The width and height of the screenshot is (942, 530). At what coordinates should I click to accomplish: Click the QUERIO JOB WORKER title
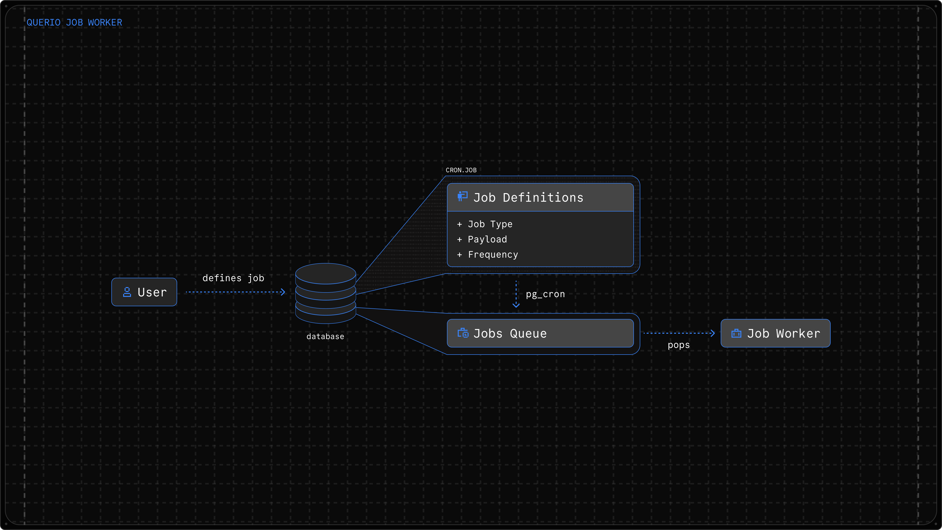[x=74, y=23]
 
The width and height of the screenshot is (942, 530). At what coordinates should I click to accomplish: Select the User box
[x=144, y=292]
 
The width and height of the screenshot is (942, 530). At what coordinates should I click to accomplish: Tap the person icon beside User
[x=127, y=292]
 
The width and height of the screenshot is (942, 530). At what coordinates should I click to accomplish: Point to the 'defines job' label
[x=233, y=278]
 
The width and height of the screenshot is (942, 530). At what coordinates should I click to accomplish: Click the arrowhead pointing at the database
[x=283, y=292]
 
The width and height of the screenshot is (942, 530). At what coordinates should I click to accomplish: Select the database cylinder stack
[x=326, y=293]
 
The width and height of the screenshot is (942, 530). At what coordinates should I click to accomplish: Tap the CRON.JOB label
[x=461, y=170]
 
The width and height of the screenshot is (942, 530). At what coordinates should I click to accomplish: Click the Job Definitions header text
[x=528, y=198]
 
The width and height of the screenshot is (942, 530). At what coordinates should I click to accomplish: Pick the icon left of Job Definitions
[x=463, y=196]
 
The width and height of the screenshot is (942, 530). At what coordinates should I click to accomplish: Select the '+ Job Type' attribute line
[x=485, y=224]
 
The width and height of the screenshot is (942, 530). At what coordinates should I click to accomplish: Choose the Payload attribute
[x=487, y=239]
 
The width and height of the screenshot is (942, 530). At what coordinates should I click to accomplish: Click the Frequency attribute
[x=493, y=255]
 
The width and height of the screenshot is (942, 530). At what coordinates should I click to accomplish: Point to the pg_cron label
[x=545, y=294]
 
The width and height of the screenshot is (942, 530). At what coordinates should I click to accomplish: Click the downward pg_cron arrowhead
[x=516, y=305]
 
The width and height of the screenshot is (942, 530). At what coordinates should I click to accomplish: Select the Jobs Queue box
[x=540, y=333]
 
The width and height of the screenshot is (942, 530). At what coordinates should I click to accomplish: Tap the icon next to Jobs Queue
[x=463, y=333]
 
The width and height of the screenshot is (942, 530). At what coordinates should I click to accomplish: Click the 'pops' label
[x=679, y=345]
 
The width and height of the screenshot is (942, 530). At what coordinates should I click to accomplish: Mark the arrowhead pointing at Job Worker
[x=712, y=333]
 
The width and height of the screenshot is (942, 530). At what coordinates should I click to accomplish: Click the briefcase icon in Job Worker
[x=736, y=333]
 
